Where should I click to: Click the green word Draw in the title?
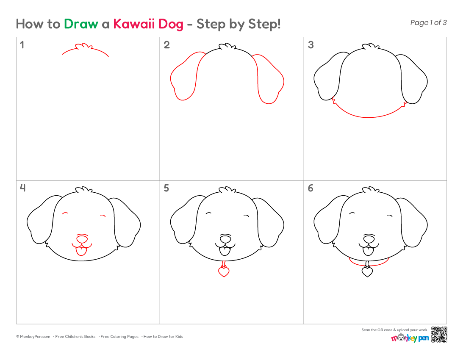(x=81, y=24)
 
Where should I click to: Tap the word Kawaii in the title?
(x=133, y=24)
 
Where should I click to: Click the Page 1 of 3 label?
(x=428, y=22)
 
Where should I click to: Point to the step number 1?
(x=22, y=45)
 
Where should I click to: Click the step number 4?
(x=22, y=188)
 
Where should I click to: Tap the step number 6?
(x=311, y=188)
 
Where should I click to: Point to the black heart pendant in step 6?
(x=367, y=271)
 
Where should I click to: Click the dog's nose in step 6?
(x=369, y=238)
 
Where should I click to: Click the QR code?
(x=439, y=335)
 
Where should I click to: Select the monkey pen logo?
(x=410, y=338)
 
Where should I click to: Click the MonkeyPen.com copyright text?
(x=33, y=337)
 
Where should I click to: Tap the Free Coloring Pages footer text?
(x=119, y=337)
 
